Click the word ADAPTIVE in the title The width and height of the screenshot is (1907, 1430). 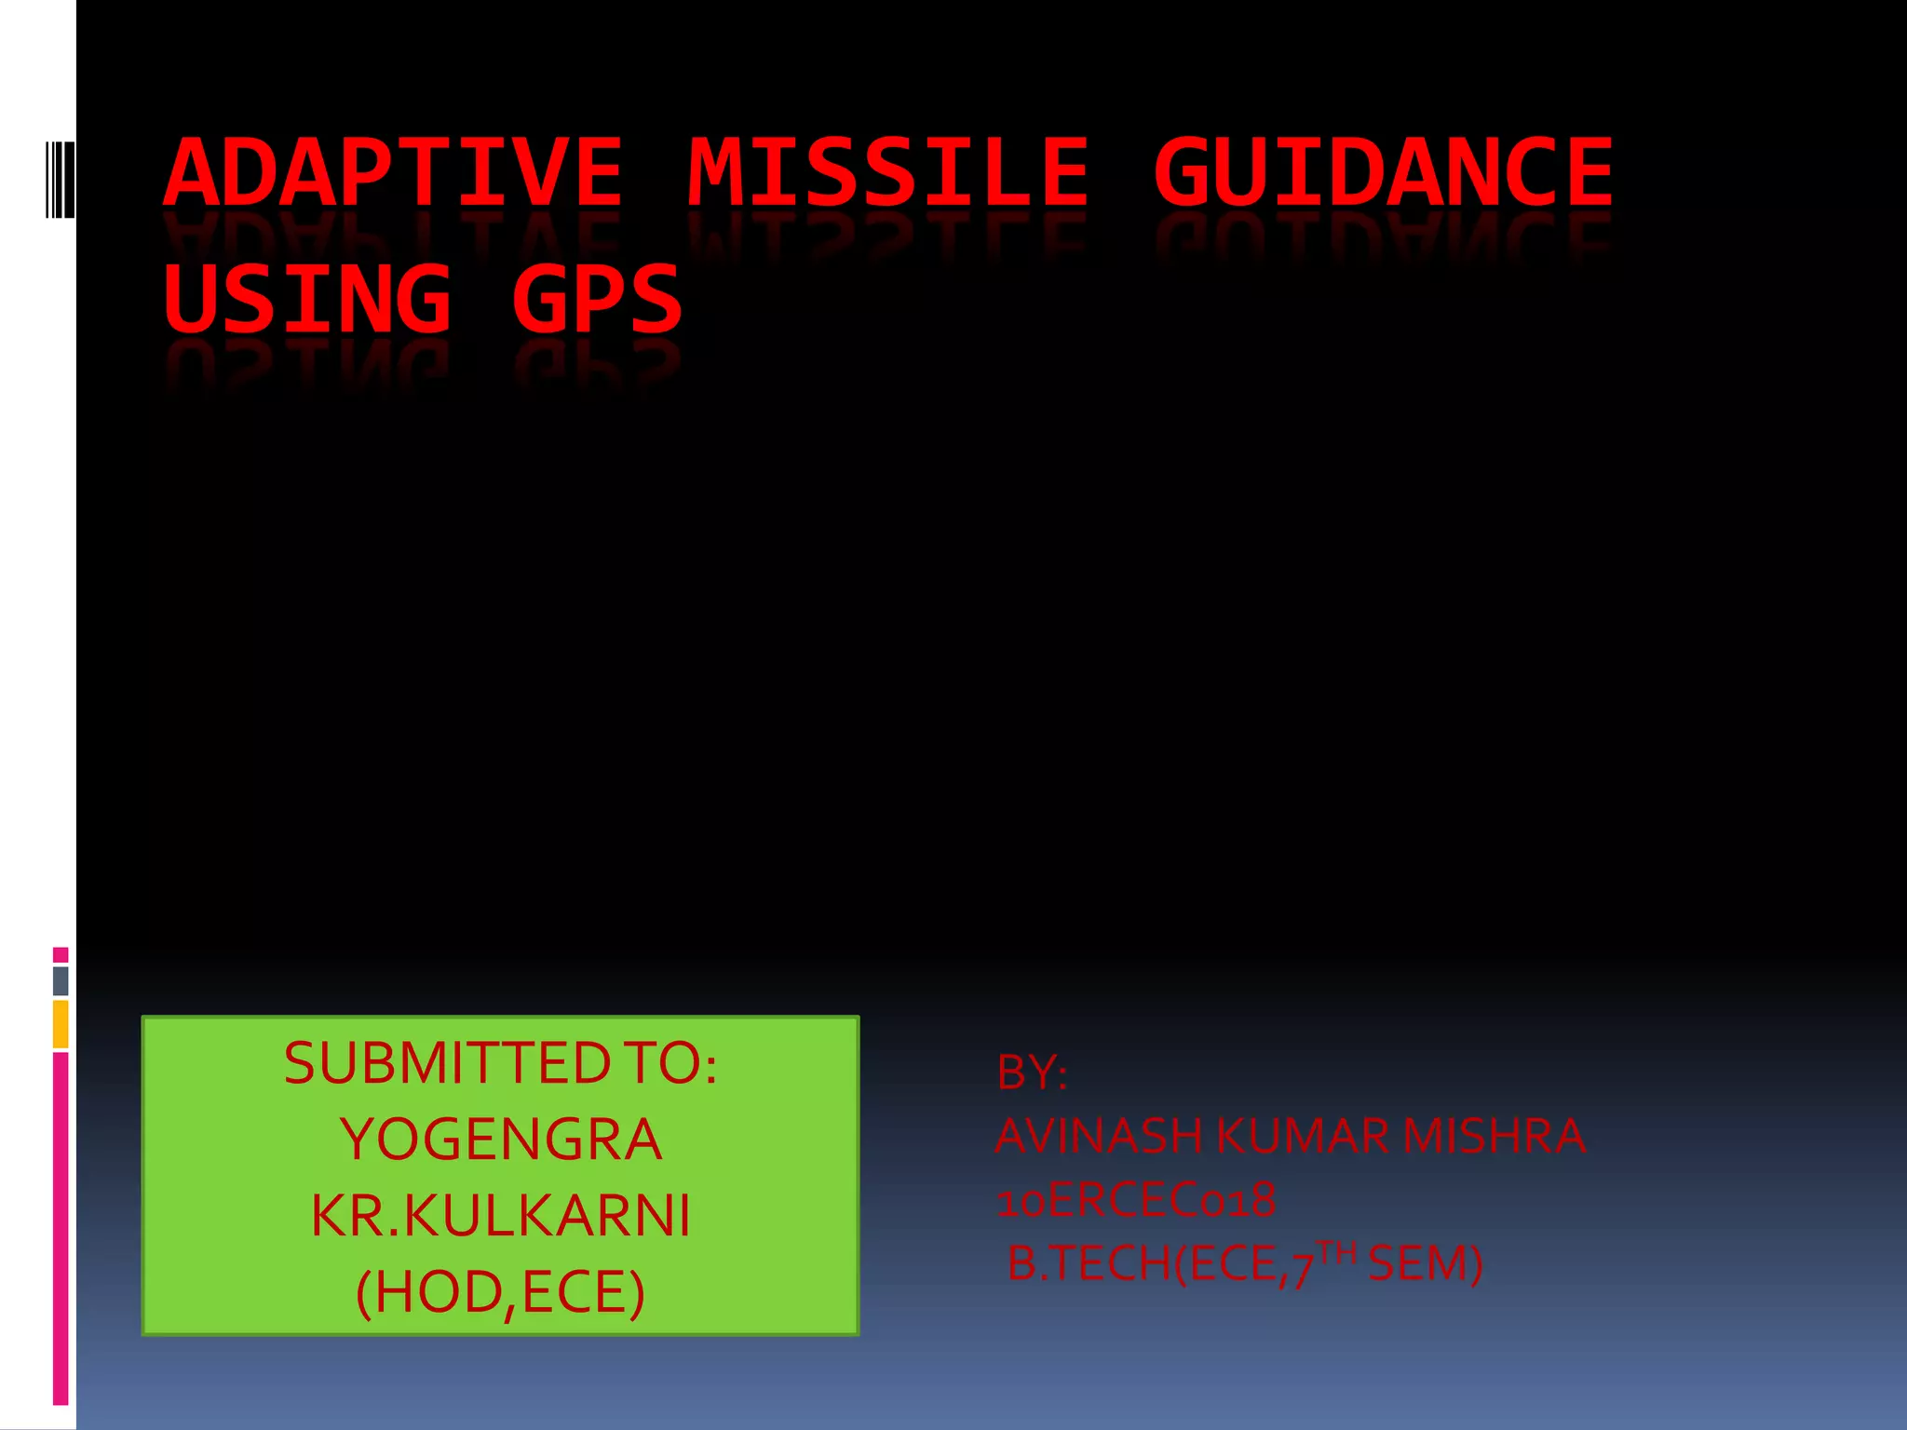pos(393,172)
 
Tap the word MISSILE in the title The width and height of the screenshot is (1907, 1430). pos(887,172)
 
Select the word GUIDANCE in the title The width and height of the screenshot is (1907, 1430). pos(1383,172)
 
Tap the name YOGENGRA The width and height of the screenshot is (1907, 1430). pos(501,1140)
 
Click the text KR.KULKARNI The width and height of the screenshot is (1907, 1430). pos(501,1216)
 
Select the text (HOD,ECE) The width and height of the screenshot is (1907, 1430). pos(501,1292)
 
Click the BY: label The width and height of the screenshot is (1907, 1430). pos(1032,1072)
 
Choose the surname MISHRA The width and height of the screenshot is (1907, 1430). pos(1494,1136)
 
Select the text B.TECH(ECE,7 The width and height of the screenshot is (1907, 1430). pos(1160,1264)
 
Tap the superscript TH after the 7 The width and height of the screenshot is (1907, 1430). pos(1337,1251)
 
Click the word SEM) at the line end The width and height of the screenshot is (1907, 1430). pos(1425,1264)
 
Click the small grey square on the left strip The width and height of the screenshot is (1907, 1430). pos(61,981)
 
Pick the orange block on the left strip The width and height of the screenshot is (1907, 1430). pos(61,1024)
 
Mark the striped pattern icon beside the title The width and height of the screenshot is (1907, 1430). pos(61,179)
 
